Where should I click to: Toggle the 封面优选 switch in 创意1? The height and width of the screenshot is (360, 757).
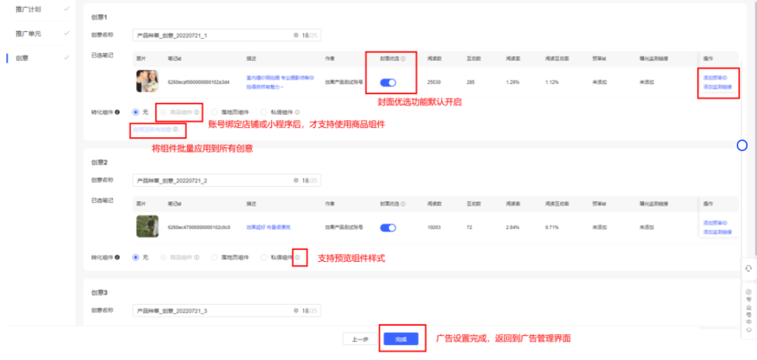point(388,82)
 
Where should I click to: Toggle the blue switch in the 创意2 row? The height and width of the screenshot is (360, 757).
point(388,228)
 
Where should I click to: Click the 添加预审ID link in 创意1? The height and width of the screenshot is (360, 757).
point(715,77)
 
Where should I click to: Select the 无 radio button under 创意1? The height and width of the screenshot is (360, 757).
point(137,111)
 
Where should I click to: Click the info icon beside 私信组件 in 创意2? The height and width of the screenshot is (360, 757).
point(298,257)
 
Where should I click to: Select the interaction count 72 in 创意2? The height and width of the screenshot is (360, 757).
point(470,228)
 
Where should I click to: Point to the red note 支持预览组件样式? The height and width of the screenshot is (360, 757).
point(351,258)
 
